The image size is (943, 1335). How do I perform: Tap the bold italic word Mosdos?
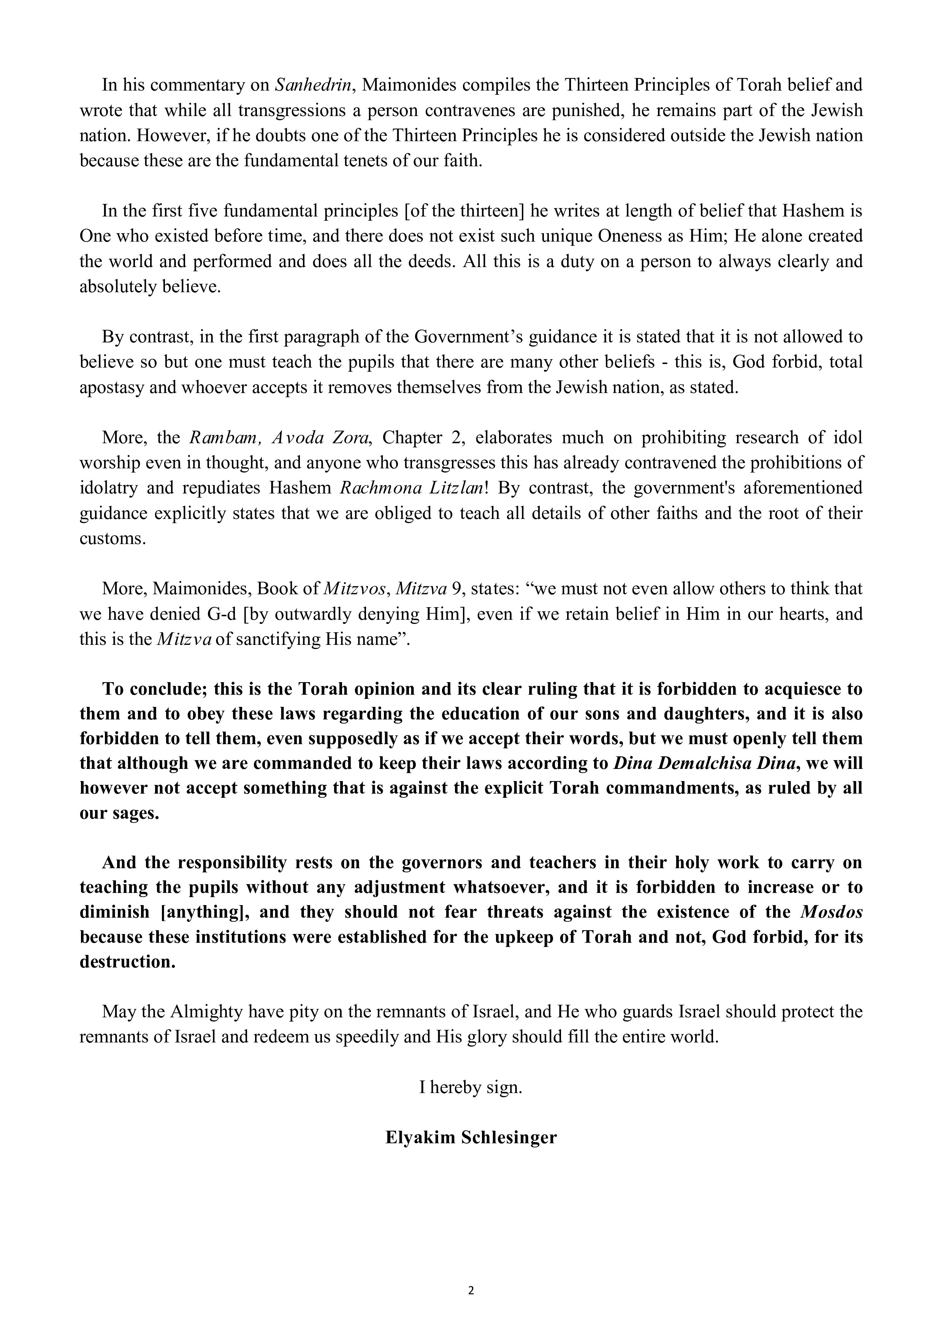pyautogui.click(x=831, y=912)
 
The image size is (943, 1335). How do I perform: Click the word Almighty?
pyautogui.click(x=206, y=1012)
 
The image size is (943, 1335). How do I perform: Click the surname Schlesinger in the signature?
pyautogui.click(x=509, y=1137)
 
